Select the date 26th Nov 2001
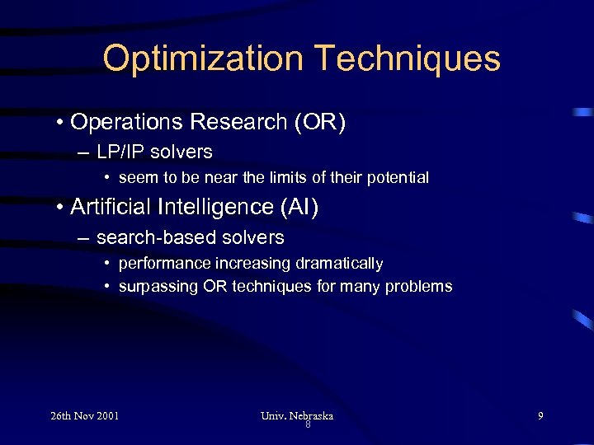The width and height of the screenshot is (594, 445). click(x=84, y=415)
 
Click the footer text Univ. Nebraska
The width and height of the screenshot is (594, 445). click(x=297, y=415)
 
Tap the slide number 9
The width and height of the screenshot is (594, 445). click(x=540, y=415)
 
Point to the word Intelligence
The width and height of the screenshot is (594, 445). click(x=214, y=207)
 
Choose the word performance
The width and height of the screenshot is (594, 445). click(x=164, y=264)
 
